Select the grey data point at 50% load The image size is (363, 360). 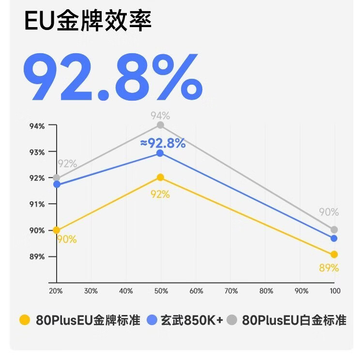coord(160,125)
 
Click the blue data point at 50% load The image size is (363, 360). coord(160,153)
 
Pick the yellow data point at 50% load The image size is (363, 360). coord(160,178)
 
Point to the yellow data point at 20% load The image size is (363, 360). coord(57,230)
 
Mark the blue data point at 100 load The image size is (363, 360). coord(334,238)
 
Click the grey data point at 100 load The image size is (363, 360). coord(334,230)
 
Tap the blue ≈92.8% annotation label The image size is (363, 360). coord(163,143)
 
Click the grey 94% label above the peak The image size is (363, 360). coord(160,116)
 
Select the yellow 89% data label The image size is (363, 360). coord(329,268)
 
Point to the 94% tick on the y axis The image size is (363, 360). coord(36,126)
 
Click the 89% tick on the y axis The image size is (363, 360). coord(36,256)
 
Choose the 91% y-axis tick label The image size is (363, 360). coord(36,204)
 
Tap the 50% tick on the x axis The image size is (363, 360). coord(161,291)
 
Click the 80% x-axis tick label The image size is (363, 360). coord(266,291)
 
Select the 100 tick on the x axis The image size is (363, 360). coord(335,291)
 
